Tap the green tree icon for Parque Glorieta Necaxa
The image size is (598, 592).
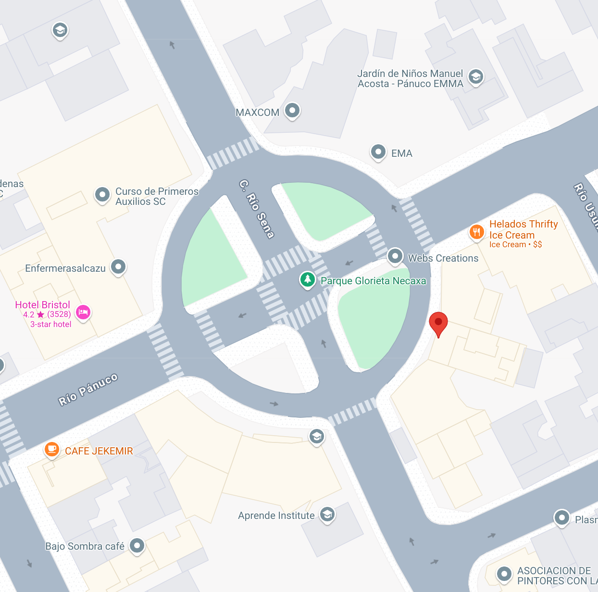click(x=307, y=279)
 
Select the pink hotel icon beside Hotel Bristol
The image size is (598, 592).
click(x=83, y=312)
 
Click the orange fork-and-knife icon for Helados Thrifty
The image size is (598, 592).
click(x=476, y=232)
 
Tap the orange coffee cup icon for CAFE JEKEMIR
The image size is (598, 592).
click(x=51, y=450)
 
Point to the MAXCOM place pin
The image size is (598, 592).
click(x=292, y=110)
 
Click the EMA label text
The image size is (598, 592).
click(x=401, y=153)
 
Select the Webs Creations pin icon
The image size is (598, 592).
click(x=395, y=256)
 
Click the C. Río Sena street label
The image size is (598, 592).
click(x=257, y=209)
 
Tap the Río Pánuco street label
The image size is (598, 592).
click(x=88, y=390)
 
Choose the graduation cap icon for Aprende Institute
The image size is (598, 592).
click(x=327, y=515)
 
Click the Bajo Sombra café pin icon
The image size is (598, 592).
click(x=137, y=545)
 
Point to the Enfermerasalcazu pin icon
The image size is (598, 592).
click(x=118, y=266)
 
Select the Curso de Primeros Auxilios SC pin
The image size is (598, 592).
click(x=102, y=195)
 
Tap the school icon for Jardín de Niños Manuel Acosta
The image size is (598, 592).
click(x=475, y=76)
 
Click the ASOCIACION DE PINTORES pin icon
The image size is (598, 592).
click(x=504, y=573)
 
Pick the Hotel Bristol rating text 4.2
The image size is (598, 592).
click(x=29, y=315)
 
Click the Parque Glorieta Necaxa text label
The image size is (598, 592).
click(x=373, y=281)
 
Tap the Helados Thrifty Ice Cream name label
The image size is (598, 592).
click(x=523, y=229)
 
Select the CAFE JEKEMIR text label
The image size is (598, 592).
click(x=99, y=451)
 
